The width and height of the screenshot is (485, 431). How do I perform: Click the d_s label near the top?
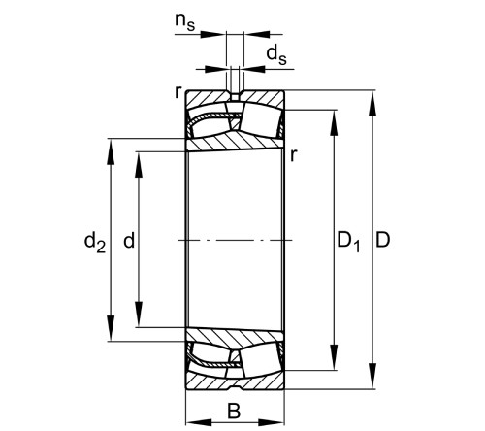click(x=276, y=56)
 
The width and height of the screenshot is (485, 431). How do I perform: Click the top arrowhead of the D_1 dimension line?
click(x=336, y=116)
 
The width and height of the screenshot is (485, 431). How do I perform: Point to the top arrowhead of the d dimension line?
click(x=138, y=157)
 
